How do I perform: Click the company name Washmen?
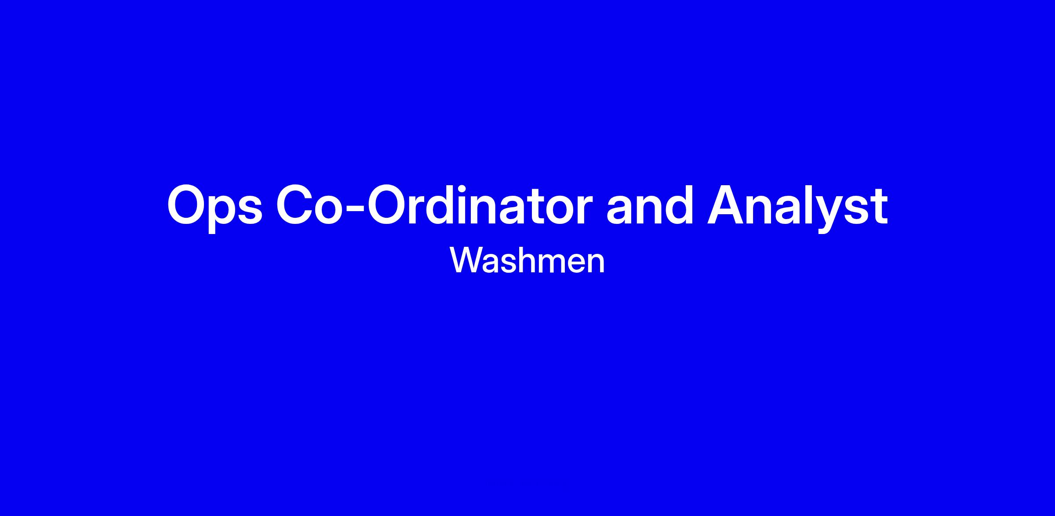527,261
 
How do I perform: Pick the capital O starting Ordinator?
388,205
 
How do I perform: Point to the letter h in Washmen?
533,260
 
